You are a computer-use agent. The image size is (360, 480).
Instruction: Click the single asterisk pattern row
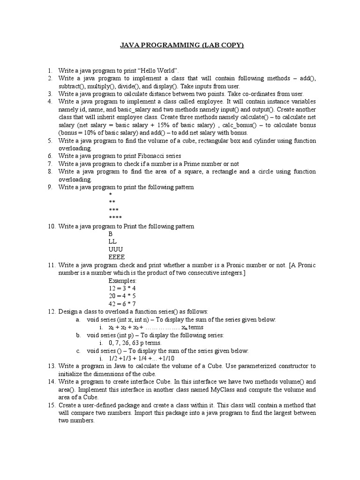coord(110,195)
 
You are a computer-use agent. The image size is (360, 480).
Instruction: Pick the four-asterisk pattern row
coord(115,218)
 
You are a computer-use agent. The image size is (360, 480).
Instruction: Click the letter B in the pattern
coord(111,234)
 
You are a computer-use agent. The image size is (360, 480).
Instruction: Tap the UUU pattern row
coord(115,249)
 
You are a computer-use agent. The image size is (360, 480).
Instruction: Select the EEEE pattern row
coord(117,257)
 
